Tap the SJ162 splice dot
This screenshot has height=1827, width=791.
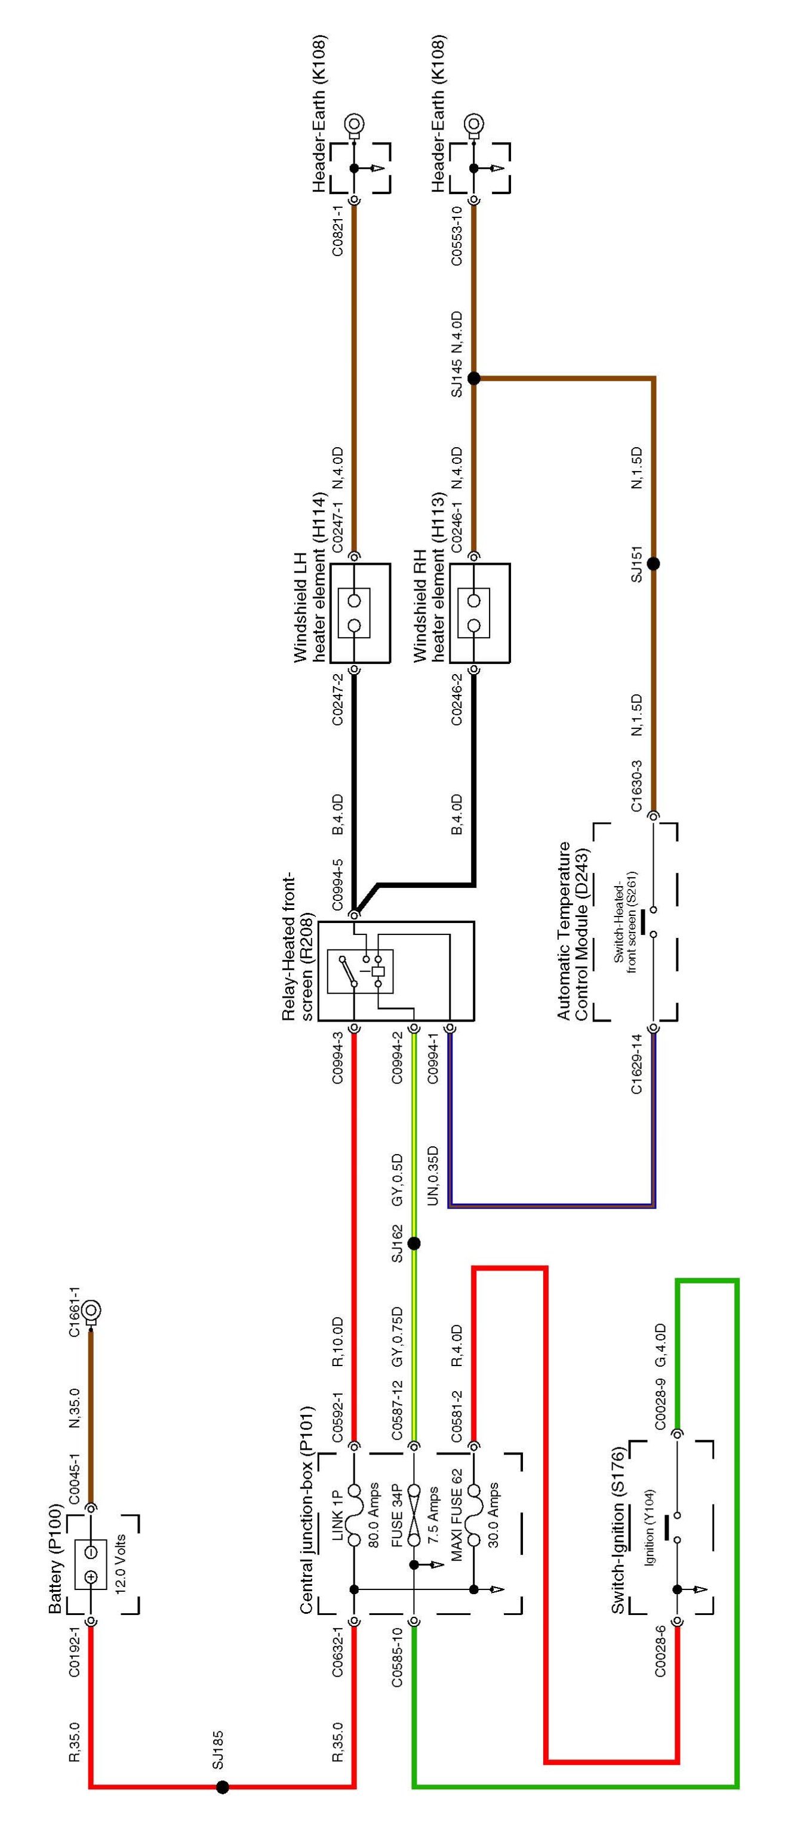click(x=414, y=1243)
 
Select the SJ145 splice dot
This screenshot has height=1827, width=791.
click(x=474, y=378)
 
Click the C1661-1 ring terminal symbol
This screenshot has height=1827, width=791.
click(x=91, y=1310)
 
